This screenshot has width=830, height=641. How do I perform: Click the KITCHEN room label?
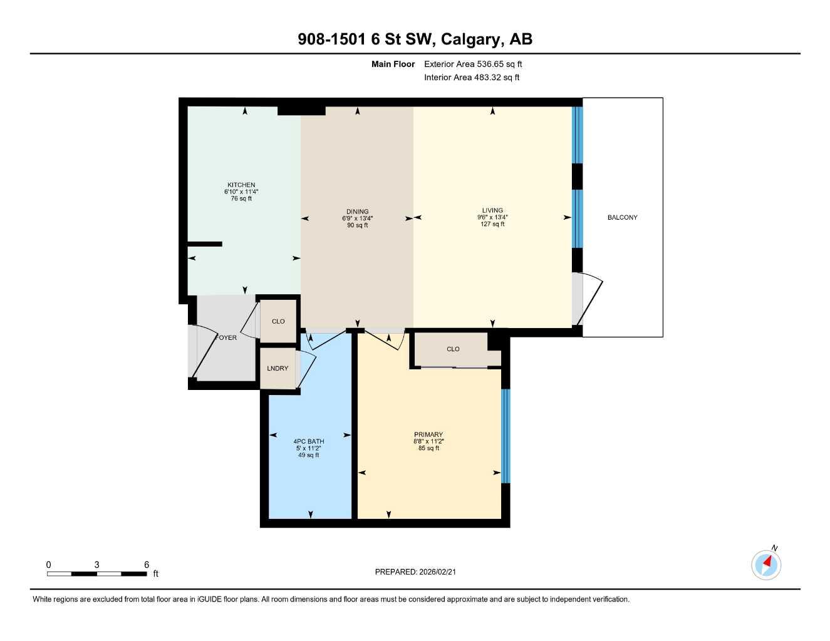coord(241,185)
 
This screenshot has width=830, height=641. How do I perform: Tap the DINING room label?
coord(358,212)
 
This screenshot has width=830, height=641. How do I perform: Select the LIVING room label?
coord(492,211)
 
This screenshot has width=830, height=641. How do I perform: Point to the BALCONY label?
coord(622,218)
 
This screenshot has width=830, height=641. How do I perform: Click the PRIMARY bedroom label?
coord(428,434)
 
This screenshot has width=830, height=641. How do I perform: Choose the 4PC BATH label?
coord(309,441)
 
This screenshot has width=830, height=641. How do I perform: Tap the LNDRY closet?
coord(278,369)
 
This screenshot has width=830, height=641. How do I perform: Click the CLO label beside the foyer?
coord(278,322)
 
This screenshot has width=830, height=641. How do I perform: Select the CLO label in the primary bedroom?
coord(453,349)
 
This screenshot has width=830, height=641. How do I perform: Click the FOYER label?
coord(227,338)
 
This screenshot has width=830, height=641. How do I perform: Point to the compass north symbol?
coord(766,565)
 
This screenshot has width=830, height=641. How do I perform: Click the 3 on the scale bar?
coord(96,565)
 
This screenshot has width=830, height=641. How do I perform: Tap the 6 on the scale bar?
coord(147,565)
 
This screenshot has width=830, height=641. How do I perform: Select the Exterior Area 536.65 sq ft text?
coord(473,64)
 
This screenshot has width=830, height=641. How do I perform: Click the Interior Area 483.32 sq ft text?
coord(472,78)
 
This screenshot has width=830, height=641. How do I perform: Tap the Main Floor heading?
coord(393,64)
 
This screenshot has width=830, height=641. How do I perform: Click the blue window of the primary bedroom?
coord(506,436)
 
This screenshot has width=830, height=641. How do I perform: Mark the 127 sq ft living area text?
coord(492,224)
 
